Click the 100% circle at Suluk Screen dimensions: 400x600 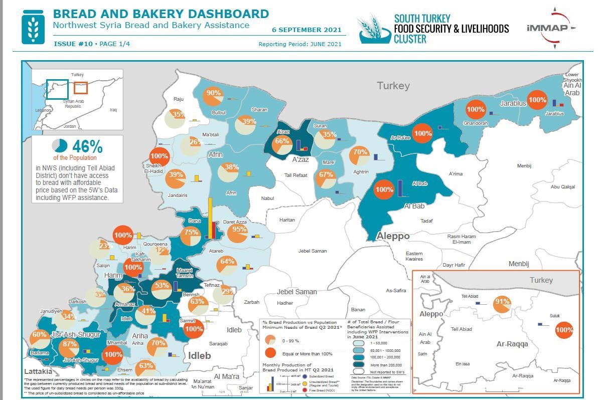point(564,330)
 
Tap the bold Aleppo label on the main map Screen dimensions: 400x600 point(393,236)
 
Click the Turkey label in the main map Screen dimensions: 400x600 point(393,86)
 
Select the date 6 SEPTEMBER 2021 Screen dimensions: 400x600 point(307,30)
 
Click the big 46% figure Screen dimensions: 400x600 point(87,147)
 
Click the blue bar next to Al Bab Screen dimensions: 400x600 point(400,188)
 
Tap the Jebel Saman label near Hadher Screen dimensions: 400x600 point(297,292)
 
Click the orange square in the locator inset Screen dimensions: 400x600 point(80,88)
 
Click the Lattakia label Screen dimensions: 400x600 point(38,372)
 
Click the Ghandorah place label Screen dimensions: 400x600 point(475,123)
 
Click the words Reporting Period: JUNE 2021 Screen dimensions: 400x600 point(299,44)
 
